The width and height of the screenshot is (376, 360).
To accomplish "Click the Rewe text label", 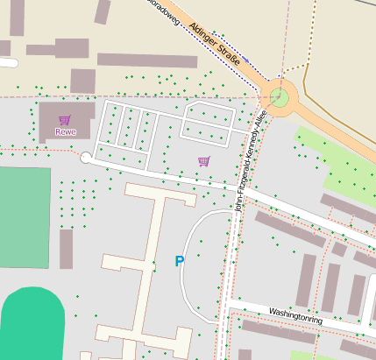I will tap(65, 132).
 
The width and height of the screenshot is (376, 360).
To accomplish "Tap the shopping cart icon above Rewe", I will tap(64, 120).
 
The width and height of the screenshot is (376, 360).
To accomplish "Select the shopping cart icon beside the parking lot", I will tap(204, 161).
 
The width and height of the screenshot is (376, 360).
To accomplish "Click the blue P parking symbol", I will tap(180, 261).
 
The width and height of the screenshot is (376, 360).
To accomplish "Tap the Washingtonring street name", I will tap(295, 315).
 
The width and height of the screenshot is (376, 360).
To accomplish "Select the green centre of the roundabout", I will tap(279, 96).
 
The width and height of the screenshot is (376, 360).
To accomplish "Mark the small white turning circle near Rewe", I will tap(86, 158).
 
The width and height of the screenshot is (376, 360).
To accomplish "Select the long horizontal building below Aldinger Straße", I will tap(146, 60).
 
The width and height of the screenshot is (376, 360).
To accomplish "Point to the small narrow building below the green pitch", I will tap(67, 249).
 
